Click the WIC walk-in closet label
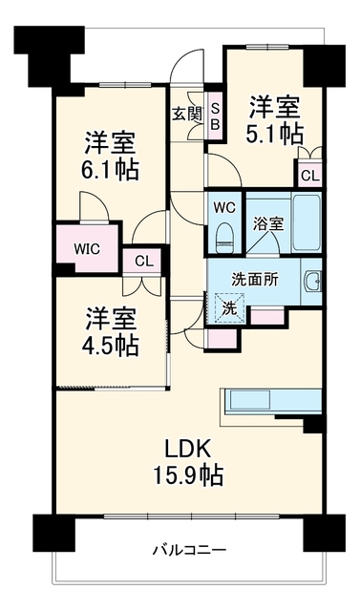(x=87, y=249)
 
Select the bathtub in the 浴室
(x=307, y=222)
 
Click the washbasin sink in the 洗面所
(x=313, y=281)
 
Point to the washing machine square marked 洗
(x=229, y=308)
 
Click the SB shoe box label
(x=215, y=116)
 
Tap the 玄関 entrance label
(x=188, y=115)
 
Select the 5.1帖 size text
(x=274, y=135)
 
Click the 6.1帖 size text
(x=110, y=170)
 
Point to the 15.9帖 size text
(x=188, y=475)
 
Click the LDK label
(x=188, y=449)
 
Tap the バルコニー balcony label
(x=189, y=550)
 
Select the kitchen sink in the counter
(x=250, y=399)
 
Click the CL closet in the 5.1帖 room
(x=309, y=176)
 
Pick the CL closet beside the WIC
(x=144, y=261)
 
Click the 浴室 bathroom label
(x=268, y=224)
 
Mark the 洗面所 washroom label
(x=255, y=280)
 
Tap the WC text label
(x=224, y=208)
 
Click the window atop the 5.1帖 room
(x=267, y=47)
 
